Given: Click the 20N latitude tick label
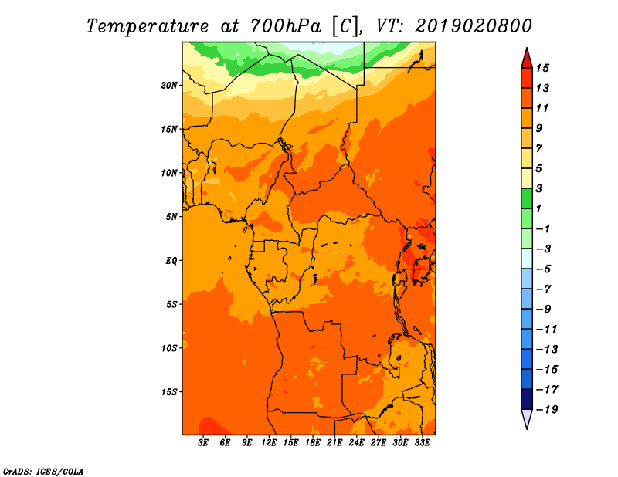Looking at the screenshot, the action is click(x=169, y=86).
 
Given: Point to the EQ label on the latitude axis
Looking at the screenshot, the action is click(x=171, y=261).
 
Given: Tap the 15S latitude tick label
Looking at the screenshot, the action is click(x=169, y=392).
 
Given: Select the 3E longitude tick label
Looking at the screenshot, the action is click(x=203, y=443).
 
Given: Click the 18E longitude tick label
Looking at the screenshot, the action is click(x=313, y=443).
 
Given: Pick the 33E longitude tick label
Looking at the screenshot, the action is click(x=422, y=443).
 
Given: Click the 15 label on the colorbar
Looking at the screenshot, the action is click(x=542, y=68).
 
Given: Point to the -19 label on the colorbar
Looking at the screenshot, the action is click(x=547, y=410).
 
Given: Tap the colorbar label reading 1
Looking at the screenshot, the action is click(x=538, y=208).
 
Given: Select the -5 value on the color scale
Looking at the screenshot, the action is click(x=544, y=269).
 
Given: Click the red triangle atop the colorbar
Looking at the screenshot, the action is click(x=527, y=59).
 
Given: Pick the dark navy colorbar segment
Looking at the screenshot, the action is click(x=527, y=399).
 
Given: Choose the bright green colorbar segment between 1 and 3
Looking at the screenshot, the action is click(x=527, y=198).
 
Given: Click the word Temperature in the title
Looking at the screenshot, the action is click(x=148, y=26).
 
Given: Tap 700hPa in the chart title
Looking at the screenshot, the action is click(x=285, y=26).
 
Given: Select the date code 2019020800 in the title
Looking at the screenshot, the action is click(x=473, y=26).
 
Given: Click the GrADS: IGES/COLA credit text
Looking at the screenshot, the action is click(x=43, y=472).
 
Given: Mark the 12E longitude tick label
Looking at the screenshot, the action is click(x=269, y=443).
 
